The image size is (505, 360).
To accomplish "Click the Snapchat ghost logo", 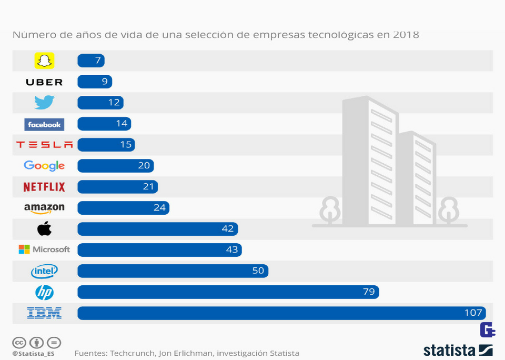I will [x=44, y=61].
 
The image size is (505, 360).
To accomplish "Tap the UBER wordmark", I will [x=44, y=82].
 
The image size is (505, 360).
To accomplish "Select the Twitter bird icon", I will [x=44, y=102].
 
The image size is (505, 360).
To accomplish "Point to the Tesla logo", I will [x=44, y=145].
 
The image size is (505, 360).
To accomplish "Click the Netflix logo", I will [x=44, y=187].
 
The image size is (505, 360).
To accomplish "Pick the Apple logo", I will [x=44, y=228].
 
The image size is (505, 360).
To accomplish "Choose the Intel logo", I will [x=44, y=272].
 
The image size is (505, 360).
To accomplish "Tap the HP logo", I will [x=44, y=292].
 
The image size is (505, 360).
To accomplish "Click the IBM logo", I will [x=44, y=313].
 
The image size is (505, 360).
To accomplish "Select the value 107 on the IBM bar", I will [x=473, y=313].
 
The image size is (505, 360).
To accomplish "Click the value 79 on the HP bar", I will [x=369, y=292].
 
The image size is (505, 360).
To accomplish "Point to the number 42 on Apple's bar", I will [x=228, y=229].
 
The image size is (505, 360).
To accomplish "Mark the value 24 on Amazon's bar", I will [x=159, y=208].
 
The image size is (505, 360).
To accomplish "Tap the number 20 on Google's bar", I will [x=144, y=166].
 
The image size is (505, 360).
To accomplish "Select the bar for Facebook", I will [x=104, y=124].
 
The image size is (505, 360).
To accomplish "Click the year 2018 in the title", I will [x=405, y=35].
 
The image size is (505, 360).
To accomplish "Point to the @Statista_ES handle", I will [x=33, y=354].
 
